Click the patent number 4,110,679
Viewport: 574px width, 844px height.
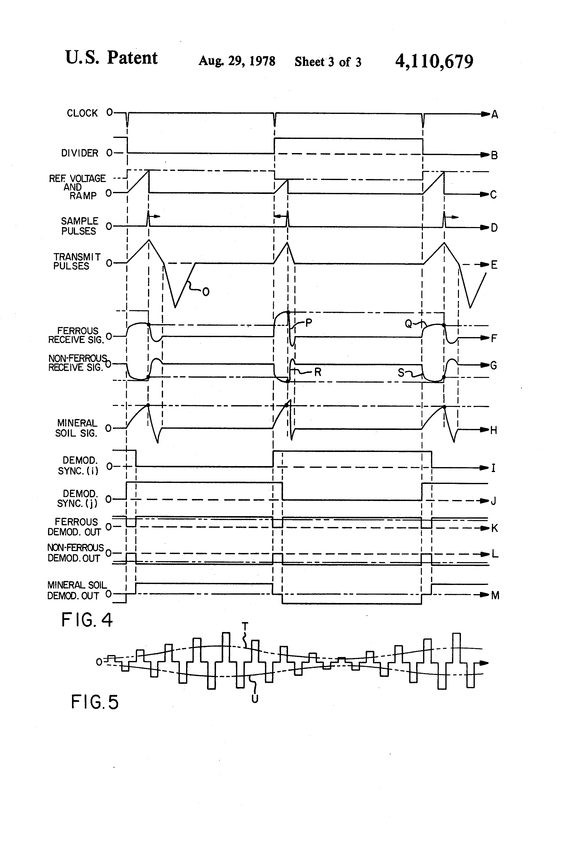(434, 61)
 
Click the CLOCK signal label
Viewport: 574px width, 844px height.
(82, 113)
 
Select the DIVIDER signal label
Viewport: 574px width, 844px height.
(79, 153)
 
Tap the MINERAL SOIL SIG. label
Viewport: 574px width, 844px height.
(76, 428)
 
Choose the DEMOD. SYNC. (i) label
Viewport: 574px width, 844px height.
(78, 466)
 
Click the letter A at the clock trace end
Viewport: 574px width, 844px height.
(495, 115)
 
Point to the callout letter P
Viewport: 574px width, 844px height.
(309, 322)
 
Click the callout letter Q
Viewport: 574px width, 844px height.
(408, 324)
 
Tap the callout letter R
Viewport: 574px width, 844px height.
(318, 372)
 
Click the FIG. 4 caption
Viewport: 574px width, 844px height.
(87, 620)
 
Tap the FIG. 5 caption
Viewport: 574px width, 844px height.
(95, 702)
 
